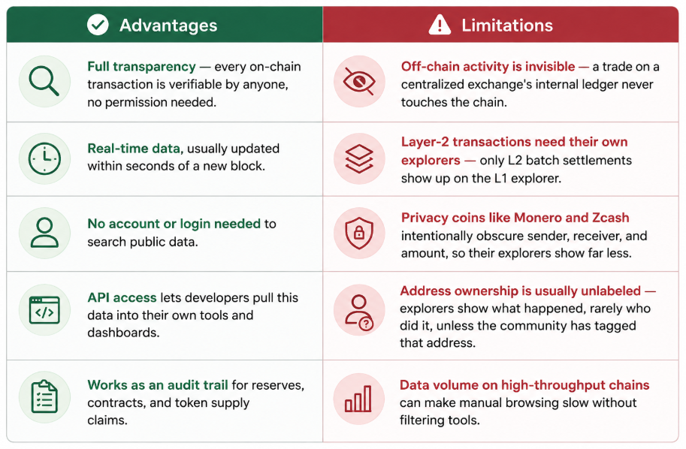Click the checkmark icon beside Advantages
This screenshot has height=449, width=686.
tap(98, 25)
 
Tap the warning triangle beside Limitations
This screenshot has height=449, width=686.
tap(440, 25)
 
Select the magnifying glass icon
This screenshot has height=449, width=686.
tap(44, 81)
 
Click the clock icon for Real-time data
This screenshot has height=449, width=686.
tap(44, 158)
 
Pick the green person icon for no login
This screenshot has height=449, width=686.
tap(44, 233)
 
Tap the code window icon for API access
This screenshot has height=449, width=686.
tap(44, 310)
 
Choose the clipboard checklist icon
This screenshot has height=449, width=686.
tap(44, 396)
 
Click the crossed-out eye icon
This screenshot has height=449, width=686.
tap(358, 81)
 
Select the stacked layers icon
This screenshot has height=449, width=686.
tap(358, 158)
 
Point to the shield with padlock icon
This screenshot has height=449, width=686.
tap(358, 233)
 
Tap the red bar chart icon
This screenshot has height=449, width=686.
tap(358, 398)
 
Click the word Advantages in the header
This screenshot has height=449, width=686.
tap(168, 26)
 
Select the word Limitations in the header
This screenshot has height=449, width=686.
tap(507, 26)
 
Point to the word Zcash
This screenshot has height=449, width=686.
tap(611, 217)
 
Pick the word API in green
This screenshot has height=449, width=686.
tap(98, 297)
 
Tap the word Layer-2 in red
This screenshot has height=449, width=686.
tap(425, 142)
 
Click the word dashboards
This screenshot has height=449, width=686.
tap(123, 333)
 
